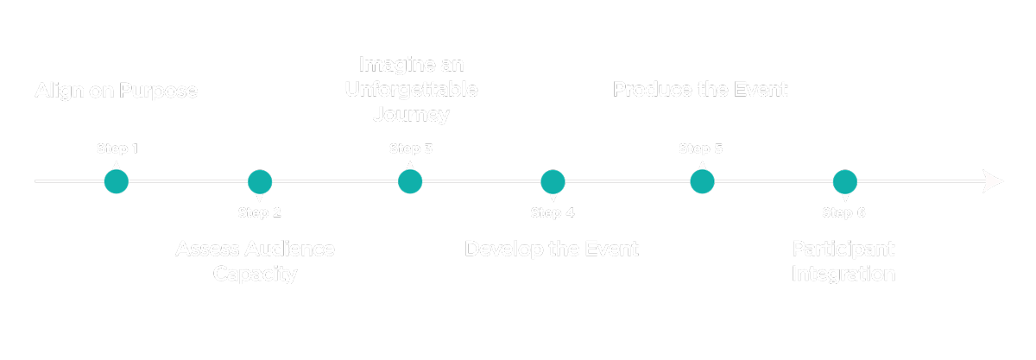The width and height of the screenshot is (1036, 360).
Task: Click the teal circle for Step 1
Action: (117, 182)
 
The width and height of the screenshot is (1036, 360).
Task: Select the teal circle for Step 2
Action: (260, 182)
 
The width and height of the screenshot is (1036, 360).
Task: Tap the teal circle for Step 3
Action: (410, 182)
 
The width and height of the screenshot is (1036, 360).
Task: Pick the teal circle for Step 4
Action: (553, 182)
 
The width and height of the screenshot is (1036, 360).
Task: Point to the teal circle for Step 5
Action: (702, 182)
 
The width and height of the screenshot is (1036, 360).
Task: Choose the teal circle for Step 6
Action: (844, 182)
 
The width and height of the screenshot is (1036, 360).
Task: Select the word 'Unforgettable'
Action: (411, 89)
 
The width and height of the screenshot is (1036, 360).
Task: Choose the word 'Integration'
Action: (843, 275)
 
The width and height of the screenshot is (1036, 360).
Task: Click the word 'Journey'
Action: (411, 114)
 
